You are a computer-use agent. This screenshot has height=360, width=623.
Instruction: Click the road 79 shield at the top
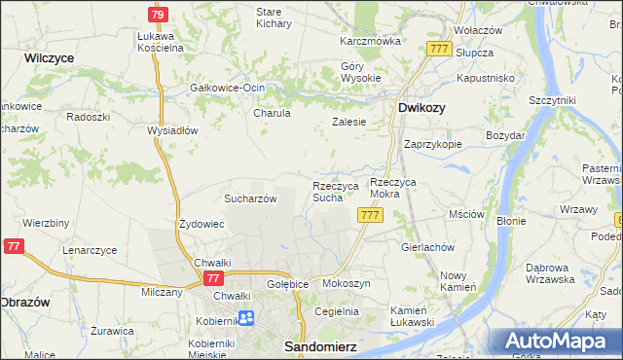158,15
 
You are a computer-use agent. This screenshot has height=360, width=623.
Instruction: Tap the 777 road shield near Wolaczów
438,49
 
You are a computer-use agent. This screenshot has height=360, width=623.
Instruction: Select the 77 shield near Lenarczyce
14,248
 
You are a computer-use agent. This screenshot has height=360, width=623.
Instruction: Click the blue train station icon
245,317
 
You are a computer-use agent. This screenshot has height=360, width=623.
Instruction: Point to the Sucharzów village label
251,198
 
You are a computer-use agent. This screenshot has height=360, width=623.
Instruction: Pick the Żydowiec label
202,224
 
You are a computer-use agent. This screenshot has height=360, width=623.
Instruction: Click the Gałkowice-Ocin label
228,88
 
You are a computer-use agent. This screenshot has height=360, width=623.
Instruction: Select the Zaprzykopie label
432,143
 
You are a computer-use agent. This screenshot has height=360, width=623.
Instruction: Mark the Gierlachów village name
428,247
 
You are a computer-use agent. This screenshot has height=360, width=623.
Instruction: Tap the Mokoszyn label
346,284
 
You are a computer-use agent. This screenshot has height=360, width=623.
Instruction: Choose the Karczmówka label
370,42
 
